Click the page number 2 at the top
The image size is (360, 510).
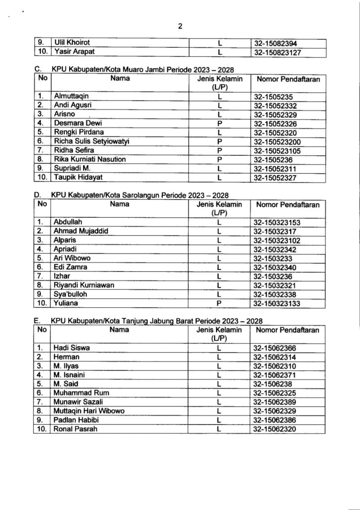[180, 27]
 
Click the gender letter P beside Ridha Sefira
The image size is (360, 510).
[219, 150]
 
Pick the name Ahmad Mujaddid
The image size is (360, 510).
[81, 231]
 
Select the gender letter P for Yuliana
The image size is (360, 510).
[219, 303]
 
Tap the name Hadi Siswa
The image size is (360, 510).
[72, 348]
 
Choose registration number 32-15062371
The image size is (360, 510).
[278, 375]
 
